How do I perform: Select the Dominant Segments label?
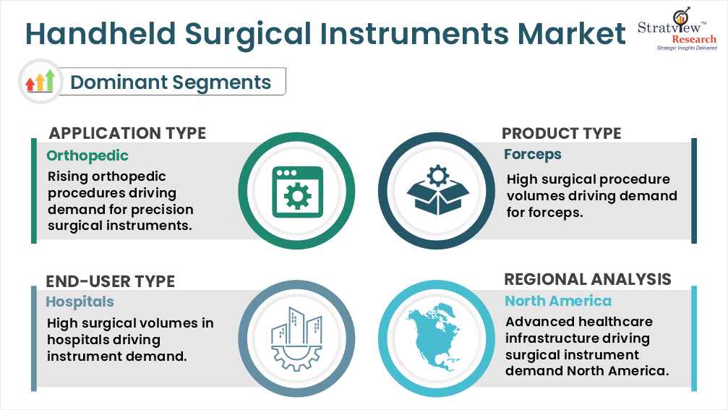click(x=171, y=82)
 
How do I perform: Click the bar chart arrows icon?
click(x=40, y=81)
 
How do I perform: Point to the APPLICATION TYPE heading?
click(x=127, y=133)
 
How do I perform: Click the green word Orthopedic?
click(x=87, y=155)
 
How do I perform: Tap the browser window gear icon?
click(x=297, y=191)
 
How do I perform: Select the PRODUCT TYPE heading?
click(x=561, y=133)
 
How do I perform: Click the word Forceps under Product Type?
click(x=533, y=154)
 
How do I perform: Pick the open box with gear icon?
click(x=437, y=191)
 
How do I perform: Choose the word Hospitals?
click(x=80, y=302)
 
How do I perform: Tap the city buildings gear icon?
click(x=297, y=336)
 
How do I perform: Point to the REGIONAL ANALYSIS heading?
click(x=587, y=280)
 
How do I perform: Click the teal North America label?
click(x=557, y=301)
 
